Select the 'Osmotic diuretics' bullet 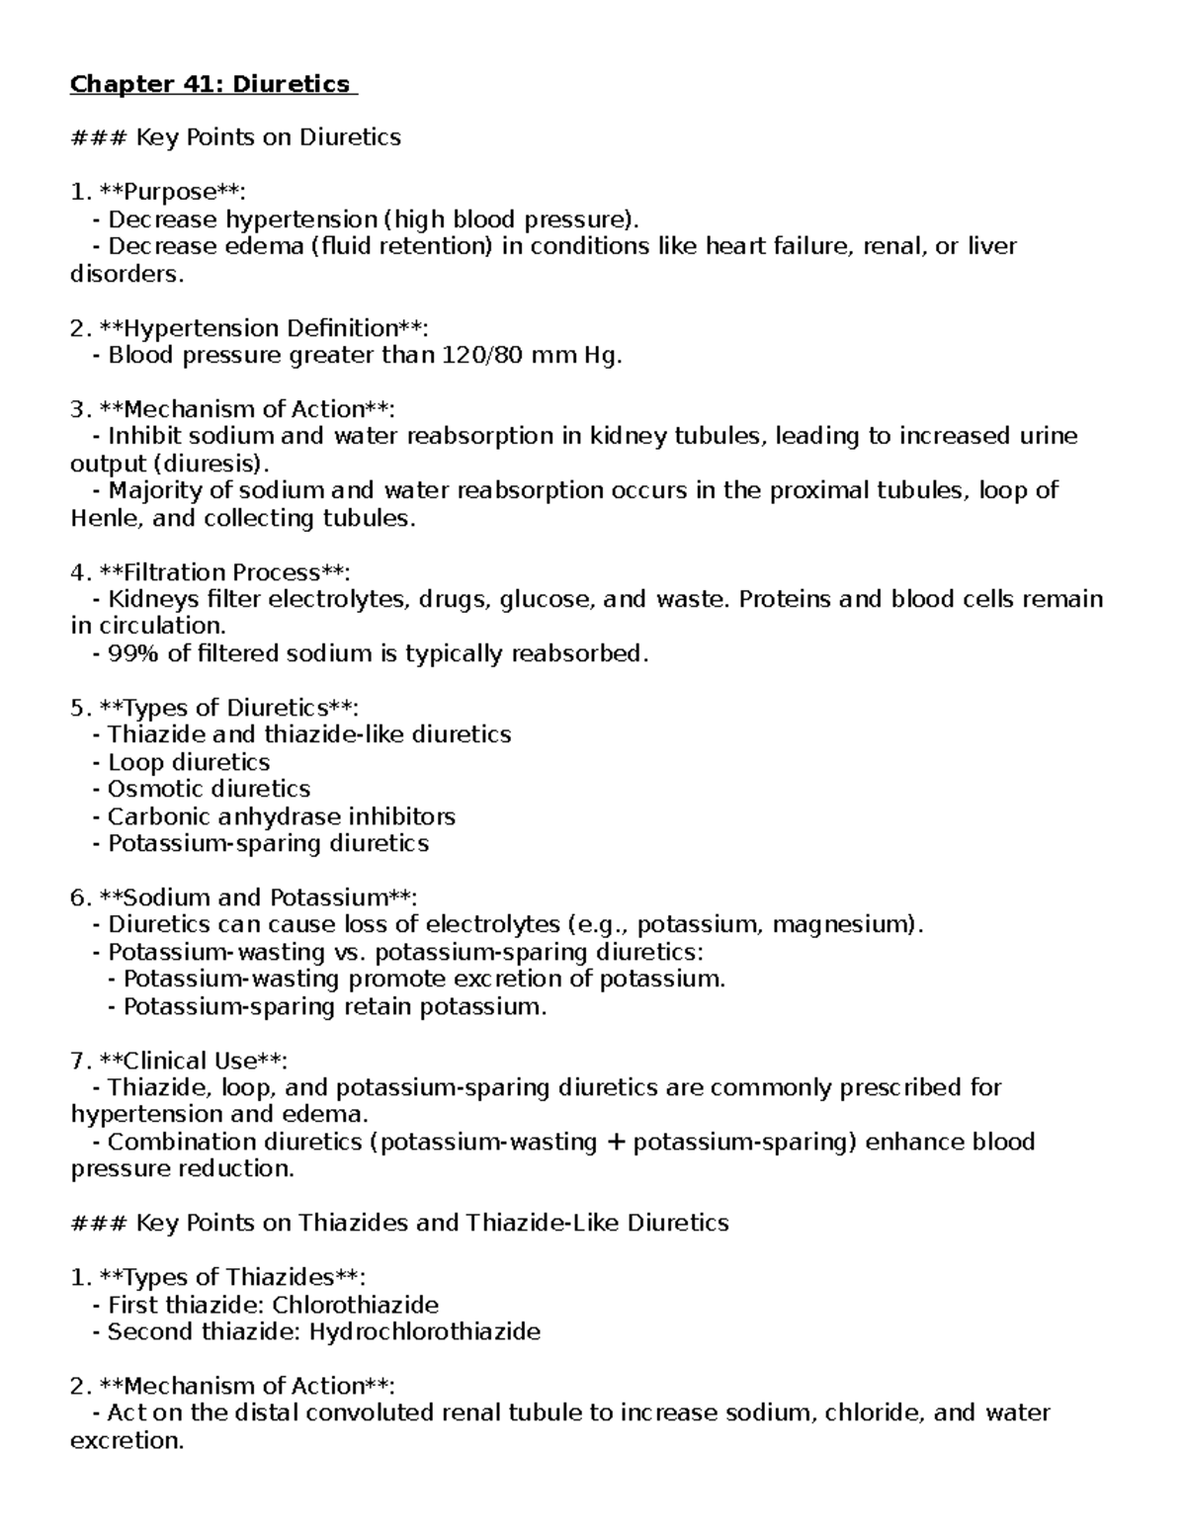[209, 789]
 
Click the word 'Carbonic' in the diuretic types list [154, 816]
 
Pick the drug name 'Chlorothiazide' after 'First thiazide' [355, 1305]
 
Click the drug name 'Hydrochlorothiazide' [424, 1331]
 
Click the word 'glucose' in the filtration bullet [547, 599]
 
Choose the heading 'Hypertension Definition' [258, 328]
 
